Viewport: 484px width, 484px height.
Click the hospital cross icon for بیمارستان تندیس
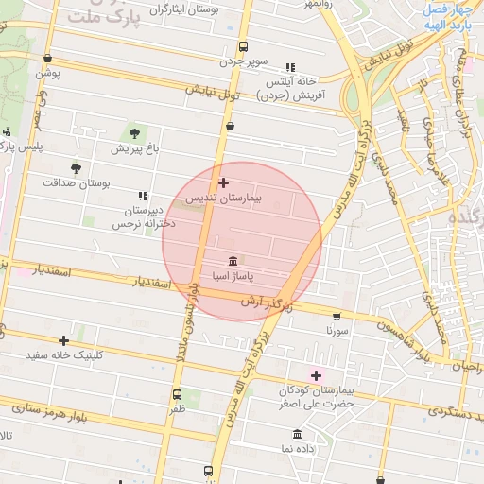point(223,182)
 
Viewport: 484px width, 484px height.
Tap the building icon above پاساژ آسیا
point(233,261)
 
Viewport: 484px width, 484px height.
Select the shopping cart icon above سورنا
point(337,317)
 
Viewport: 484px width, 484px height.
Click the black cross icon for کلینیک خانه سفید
point(64,340)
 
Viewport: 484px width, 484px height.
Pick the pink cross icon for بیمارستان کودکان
point(316,375)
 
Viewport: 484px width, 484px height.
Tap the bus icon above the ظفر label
point(177,394)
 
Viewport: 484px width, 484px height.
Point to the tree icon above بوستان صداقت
point(76,169)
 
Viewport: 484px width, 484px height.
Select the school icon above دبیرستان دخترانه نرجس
point(143,195)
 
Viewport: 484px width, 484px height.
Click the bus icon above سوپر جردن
point(244,46)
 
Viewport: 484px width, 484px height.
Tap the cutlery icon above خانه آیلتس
point(290,67)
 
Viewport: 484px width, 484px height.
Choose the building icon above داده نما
point(298,434)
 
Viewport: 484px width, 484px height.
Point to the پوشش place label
point(48,72)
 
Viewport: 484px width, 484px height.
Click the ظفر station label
point(178,409)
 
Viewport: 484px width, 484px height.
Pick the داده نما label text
point(298,449)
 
